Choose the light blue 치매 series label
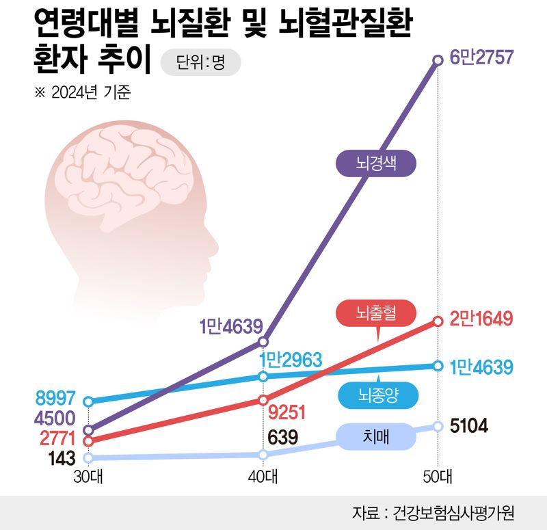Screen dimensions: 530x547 point(377,437)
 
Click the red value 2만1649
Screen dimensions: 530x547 point(481,319)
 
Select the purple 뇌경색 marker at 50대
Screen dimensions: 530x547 point(438,61)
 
